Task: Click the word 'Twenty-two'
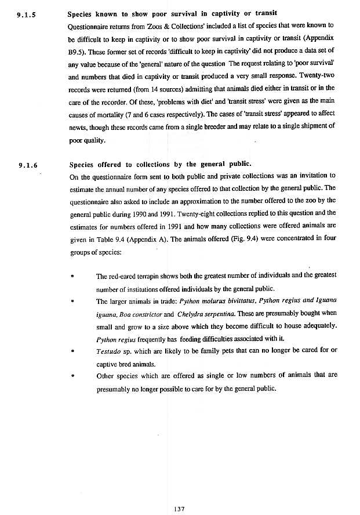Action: point(317,78)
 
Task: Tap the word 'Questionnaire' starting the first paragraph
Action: point(90,26)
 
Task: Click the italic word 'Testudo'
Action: point(108,351)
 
